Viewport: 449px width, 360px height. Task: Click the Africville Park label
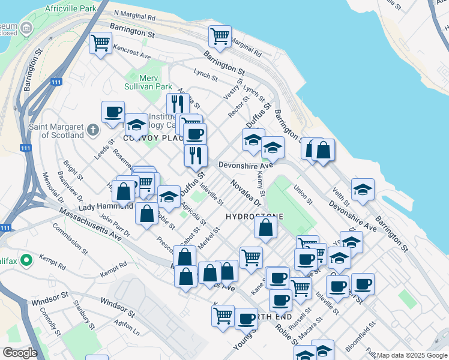click(x=70, y=10)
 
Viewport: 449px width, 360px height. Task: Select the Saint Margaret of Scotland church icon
click(x=92, y=130)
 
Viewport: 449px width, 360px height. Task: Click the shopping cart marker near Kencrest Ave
click(x=100, y=43)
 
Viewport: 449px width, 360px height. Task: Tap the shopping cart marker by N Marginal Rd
click(x=220, y=36)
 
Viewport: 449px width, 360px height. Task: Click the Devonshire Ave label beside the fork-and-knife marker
click(x=246, y=165)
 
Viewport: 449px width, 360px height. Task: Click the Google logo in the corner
click(x=19, y=352)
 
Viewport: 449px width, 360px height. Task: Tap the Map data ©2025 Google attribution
click(x=412, y=356)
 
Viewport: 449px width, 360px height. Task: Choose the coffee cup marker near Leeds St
click(x=113, y=112)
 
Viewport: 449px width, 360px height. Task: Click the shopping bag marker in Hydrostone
click(x=265, y=228)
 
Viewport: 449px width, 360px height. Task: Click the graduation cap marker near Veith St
click(x=362, y=190)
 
